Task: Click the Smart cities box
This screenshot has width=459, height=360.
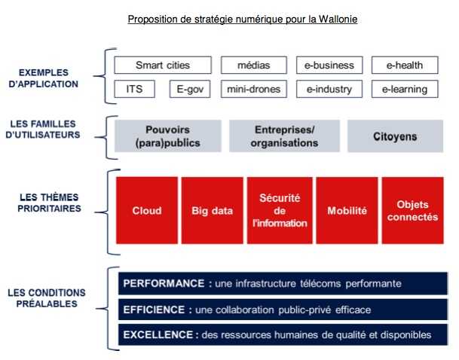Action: point(163,65)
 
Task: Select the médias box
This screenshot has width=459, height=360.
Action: point(254,65)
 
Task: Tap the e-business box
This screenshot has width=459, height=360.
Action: point(329,65)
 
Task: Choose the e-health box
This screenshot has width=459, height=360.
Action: point(405,65)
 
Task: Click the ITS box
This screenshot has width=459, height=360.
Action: point(135,89)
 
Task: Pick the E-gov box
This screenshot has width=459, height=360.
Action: point(190,89)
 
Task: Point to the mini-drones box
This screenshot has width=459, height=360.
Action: point(254,89)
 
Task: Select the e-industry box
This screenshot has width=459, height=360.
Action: point(329,89)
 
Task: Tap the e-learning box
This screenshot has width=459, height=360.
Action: point(405,89)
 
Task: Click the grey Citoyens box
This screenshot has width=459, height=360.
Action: point(395,136)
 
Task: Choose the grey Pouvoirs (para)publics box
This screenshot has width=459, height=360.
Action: point(168,136)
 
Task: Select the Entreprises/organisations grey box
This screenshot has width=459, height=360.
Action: point(285,136)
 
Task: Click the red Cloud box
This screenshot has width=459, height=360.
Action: point(147,210)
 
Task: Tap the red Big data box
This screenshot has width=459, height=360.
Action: point(213,210)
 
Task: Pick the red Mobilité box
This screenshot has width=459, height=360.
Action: point(347,210)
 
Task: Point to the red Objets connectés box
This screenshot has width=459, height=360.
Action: point(413,210)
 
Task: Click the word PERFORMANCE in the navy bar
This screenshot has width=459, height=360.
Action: point(164,283)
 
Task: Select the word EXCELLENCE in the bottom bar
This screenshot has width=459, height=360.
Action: point(158,334)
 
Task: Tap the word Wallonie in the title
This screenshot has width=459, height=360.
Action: point(338,20)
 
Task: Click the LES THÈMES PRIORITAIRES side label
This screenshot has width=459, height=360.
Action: point(49,203)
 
